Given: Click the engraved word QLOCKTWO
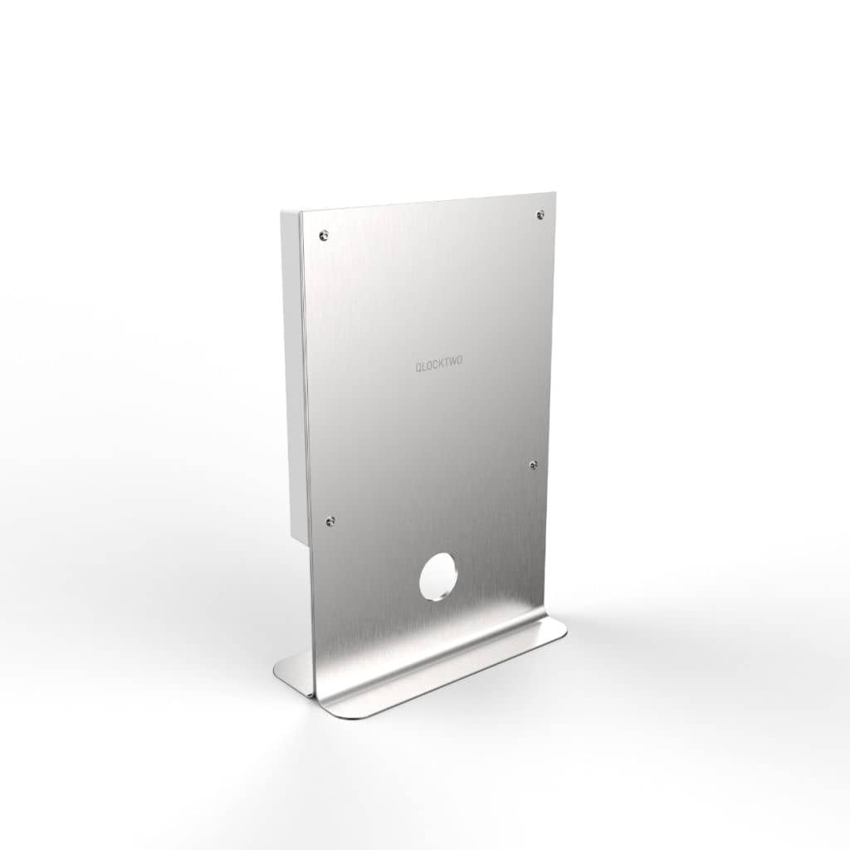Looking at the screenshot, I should tap(438, 364).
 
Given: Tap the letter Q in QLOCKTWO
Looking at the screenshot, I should tap(418, 364).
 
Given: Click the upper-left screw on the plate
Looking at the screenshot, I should tap(324, 235).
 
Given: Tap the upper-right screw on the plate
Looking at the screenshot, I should tap(540, 214).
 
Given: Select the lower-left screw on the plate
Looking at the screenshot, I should tap(331, 520).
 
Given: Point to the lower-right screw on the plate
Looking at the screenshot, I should tap(533, 465).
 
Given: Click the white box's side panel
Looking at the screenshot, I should tap(291, 374).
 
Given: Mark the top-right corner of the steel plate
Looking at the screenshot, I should tap(554, 194).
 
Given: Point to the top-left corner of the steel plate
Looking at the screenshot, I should tap(300, 212).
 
